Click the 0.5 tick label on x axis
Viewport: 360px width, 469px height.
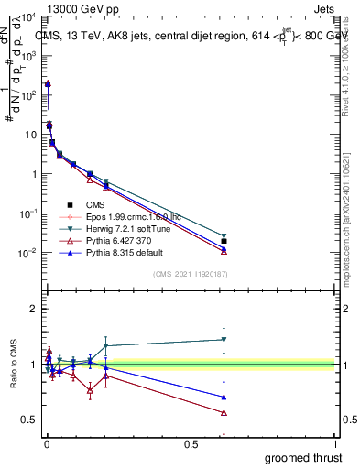[191, 444]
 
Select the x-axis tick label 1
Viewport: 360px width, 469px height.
[335, 444]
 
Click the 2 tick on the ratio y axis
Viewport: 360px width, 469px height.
[34, 309]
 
